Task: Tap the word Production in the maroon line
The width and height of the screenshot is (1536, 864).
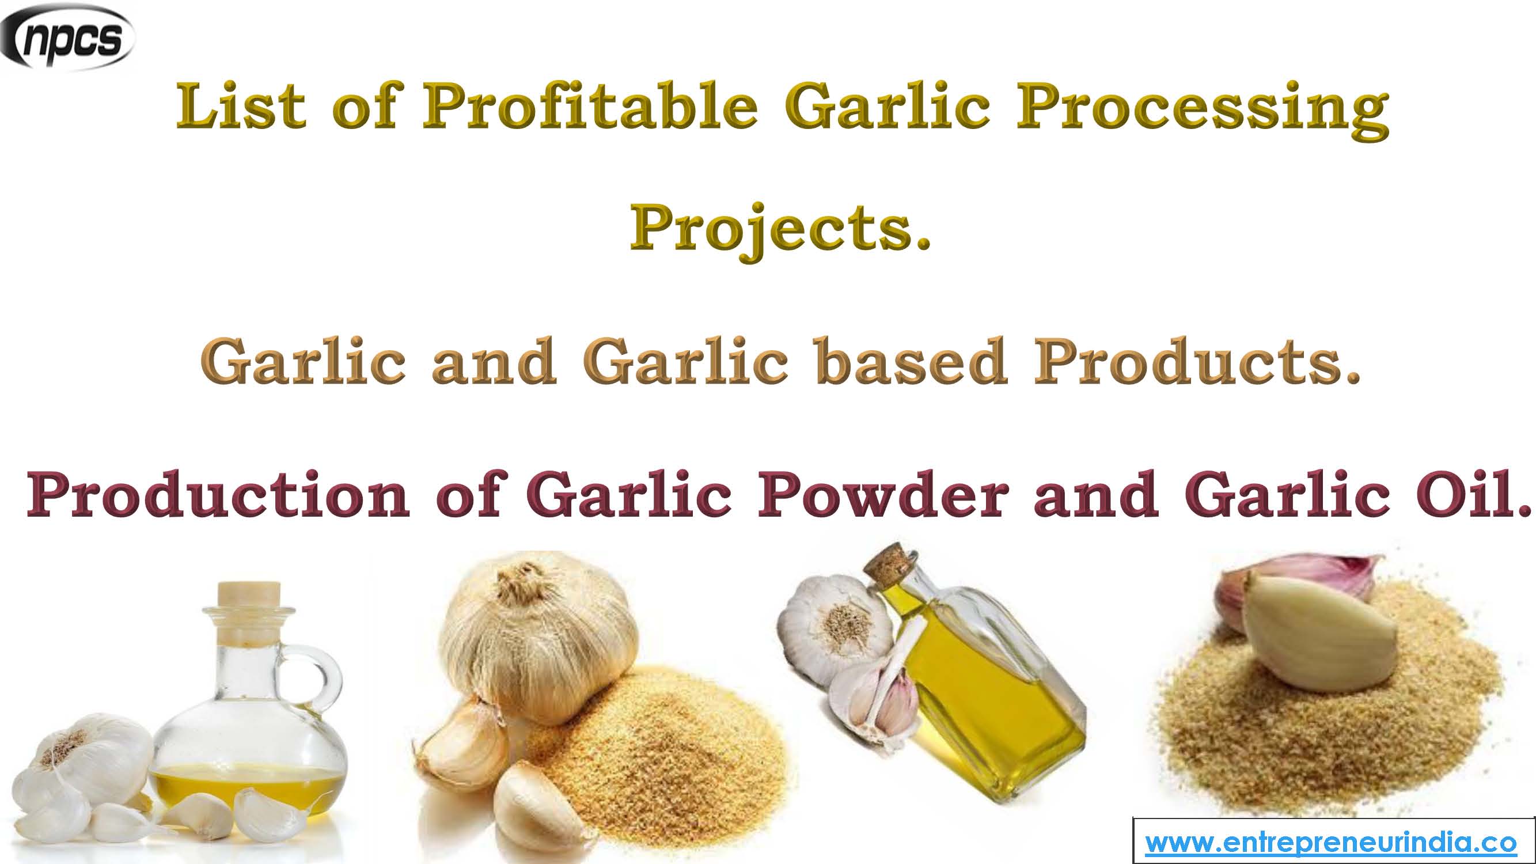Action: point(218,495)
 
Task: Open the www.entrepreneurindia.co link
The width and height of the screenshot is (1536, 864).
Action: point(1330,843)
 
